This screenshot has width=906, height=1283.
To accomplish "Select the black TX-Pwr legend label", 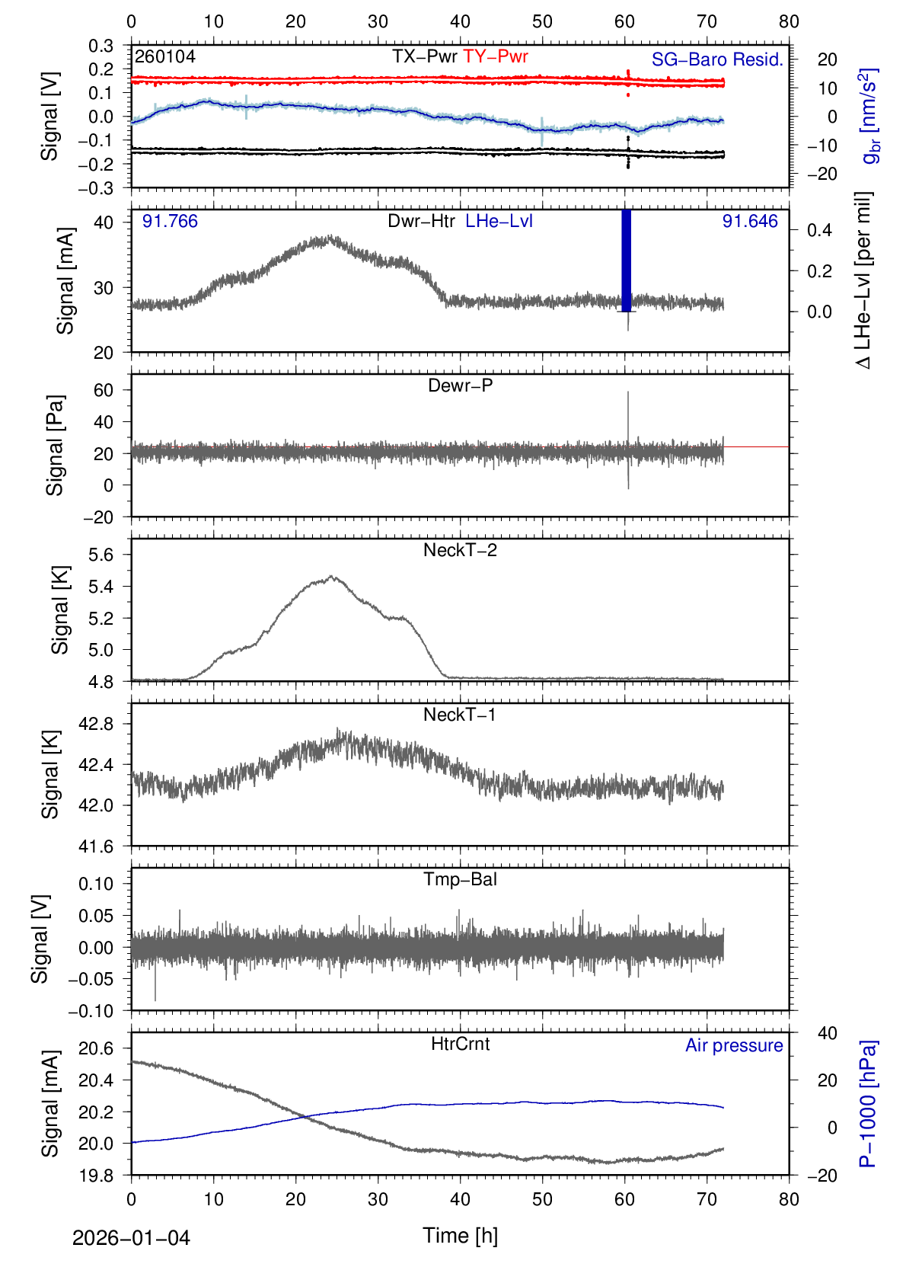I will tap(425, 56).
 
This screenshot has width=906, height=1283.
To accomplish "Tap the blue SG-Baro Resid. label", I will tap(717, 59).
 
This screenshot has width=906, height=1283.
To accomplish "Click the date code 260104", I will tap(165, 56).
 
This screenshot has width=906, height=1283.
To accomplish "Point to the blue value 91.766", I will tap(170, 221).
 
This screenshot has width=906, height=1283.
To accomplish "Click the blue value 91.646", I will tap(750, 221).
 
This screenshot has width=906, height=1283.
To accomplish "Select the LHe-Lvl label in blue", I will tap(499, 221).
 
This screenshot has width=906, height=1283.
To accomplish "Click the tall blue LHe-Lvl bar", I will tap(627, 259).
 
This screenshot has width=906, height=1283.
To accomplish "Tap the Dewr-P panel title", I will tap(460, 386).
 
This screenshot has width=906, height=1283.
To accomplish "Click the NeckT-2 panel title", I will tap(460, 550).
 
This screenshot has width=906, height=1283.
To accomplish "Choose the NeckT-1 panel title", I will tap(460, 715).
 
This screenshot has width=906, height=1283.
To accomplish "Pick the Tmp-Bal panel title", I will tap(460, 879).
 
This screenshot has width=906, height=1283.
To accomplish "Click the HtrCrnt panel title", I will tap(460, 1044).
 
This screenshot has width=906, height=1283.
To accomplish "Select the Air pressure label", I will tap(734, 1045).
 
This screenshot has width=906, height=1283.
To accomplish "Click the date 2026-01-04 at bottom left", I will tap(131, 1238).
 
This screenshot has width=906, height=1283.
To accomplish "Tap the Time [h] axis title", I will tap(460, 1235).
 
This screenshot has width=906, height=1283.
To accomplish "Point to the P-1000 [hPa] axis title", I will tap(867, 1103).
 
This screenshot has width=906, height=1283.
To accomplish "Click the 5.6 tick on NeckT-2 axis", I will tap(100, 555).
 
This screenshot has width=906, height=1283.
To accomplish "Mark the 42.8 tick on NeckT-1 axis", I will tap(96, 724).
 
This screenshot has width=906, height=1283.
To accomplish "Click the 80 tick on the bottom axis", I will tap(789, 1199).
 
